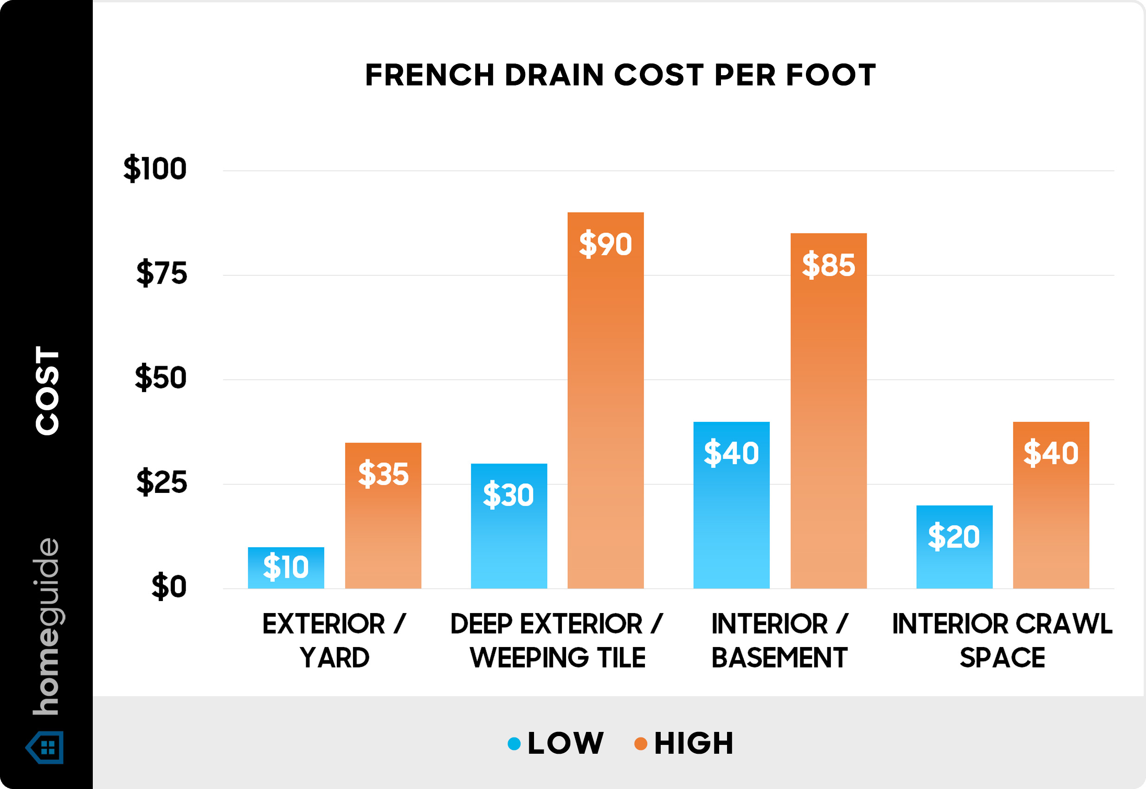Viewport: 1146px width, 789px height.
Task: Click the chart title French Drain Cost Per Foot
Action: [x=620, y=75]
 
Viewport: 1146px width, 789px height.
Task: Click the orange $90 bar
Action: [x=605, y=401]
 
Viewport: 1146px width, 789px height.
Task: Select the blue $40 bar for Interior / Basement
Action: [x=731, y=505]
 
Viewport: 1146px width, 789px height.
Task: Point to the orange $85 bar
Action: [x=828, y=410]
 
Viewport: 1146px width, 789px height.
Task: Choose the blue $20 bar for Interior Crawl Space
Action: [x=954, y=547]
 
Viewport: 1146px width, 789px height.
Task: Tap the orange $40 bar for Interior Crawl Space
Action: [x=1050, y=505]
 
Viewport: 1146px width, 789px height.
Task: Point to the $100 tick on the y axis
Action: [x=155, y=169]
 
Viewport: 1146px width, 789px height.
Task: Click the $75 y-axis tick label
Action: [x=161, y=273]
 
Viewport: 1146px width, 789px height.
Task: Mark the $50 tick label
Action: [x=160, y=378]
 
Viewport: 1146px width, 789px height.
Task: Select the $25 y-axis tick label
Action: [x=161, y=483]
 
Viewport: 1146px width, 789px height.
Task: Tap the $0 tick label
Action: [x=168, y=587]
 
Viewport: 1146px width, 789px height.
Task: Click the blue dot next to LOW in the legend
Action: [x=514, y=744]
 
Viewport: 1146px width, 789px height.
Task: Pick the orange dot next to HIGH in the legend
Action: [x=640, y=744]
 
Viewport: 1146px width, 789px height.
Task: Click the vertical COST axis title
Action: [x=47, y=390]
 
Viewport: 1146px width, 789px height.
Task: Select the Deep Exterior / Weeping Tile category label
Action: [x=557, y=640]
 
